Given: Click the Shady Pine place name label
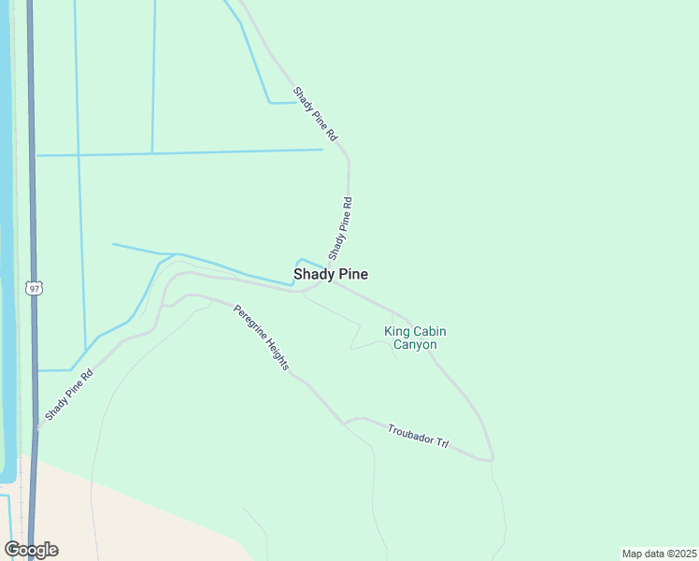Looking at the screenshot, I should (330, 274).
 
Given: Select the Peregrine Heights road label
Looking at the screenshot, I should (261, 338).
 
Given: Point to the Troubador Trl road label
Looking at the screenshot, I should (418, 435).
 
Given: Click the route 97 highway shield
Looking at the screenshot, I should (35, 289).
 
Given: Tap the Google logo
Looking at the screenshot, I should (31, 550).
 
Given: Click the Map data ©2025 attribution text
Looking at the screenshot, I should (659, 554).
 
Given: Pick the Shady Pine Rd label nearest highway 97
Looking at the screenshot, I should (68, 396).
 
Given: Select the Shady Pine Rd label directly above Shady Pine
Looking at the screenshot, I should (340, 228).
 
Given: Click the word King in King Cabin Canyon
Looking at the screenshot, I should (398, 330).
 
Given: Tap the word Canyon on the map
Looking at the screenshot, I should (414, 345).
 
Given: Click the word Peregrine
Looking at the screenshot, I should (248, 322).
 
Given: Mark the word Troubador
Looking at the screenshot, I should (410, 433).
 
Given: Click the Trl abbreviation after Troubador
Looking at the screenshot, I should (442, 441).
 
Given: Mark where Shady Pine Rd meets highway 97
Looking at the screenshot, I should (37, 429).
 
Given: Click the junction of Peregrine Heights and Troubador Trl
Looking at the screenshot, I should (345, 422).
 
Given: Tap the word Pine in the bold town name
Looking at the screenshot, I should (351, 274).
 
